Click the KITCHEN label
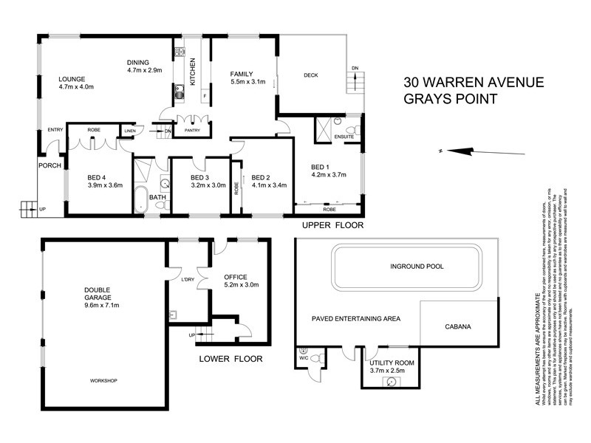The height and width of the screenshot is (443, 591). click(x=194, y=71)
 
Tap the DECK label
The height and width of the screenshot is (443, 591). click(x=311, y=75)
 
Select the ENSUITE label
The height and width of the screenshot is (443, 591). click(x=345, y=137)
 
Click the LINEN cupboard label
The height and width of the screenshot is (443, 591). click(x=130, y=131)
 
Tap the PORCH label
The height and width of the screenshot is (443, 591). click(x=49, y=165)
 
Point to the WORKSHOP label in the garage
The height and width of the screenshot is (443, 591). click(x=103, y=380)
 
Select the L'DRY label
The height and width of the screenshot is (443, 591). click(x=187, y=279)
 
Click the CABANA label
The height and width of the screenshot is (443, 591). click(x=458, y=325)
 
